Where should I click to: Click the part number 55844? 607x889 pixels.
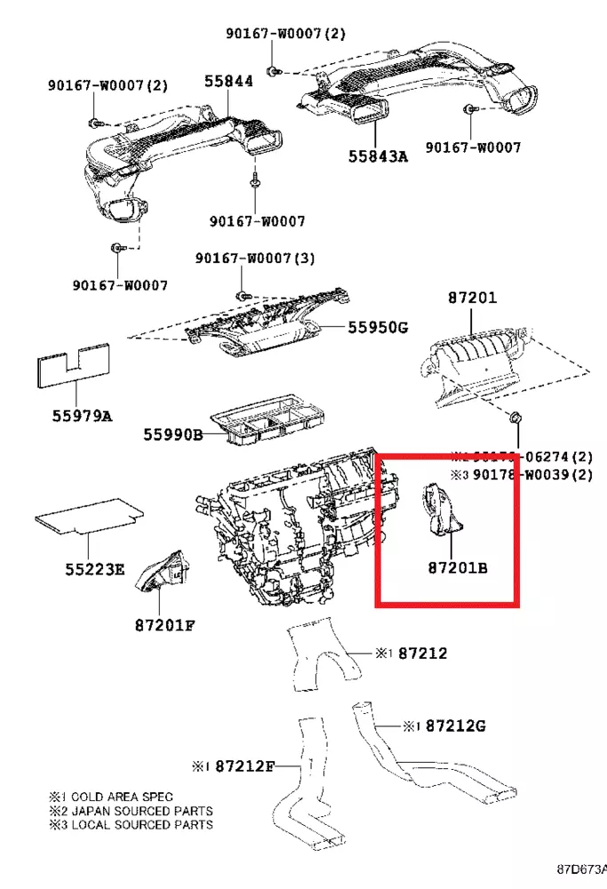[228, 81]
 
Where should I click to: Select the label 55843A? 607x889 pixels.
[378, 156]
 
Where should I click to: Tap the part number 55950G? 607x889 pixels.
[378, 327]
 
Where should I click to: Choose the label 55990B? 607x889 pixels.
[174, 434]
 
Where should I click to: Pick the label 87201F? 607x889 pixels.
[164, 624]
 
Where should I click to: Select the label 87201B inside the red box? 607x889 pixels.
[457, 566]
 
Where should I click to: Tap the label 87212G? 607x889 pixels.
[455, 725]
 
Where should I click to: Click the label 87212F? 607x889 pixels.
[246, 765]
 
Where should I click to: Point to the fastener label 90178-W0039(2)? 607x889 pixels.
[531, 475]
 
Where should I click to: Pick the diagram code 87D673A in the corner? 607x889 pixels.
[582, 868]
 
